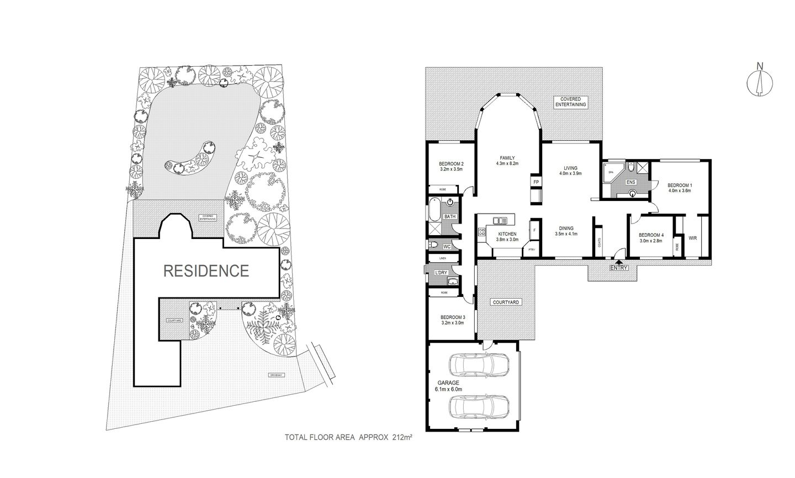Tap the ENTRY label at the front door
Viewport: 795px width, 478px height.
click(619, 268)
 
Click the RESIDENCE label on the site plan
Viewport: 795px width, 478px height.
click(205, 270)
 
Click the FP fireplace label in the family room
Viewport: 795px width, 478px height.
click(535, 182)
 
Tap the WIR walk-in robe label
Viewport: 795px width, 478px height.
click(692, 238)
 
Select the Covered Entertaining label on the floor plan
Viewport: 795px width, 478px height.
click(570, 102)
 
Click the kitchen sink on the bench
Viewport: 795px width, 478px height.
click(500, 221)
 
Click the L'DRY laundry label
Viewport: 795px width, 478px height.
click(441, 273)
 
